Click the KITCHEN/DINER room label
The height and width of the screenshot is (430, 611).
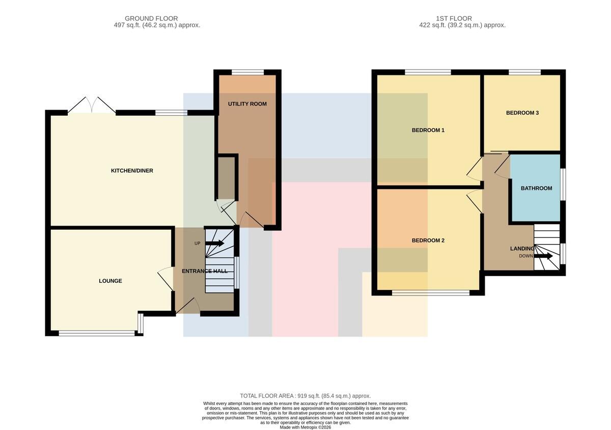[x=132, y=171]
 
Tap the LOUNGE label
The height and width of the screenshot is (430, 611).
[x=110, y=281]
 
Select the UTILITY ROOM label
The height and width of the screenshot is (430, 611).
[x=247, y=104]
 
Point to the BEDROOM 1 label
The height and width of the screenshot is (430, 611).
[x=428, y=130]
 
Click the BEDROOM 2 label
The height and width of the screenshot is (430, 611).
[x=428, y=240]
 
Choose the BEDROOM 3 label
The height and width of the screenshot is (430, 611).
[x=522, y=113]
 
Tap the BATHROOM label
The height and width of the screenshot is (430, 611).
[x=537, y=188]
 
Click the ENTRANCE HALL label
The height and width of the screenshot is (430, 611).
[x=205, y=271]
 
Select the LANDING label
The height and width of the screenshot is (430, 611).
[x=522, y=249]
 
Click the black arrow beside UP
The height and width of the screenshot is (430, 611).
[x=215, y=243]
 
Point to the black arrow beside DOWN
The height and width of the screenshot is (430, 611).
[x=543, y=256]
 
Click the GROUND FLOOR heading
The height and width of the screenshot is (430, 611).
[x=151, y=18]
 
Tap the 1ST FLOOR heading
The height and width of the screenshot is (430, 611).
[x=454, y=18]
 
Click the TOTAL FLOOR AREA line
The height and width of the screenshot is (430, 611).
[x=305, y=396]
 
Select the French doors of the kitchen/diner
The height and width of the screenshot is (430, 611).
[x=92, y=105]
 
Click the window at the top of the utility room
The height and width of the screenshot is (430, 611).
[x=248, y=72]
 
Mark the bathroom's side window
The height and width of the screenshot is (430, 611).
[x=563, y=184]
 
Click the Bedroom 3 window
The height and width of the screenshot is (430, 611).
[x=525, y=72]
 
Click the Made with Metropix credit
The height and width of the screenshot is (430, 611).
[x=305, y=427]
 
